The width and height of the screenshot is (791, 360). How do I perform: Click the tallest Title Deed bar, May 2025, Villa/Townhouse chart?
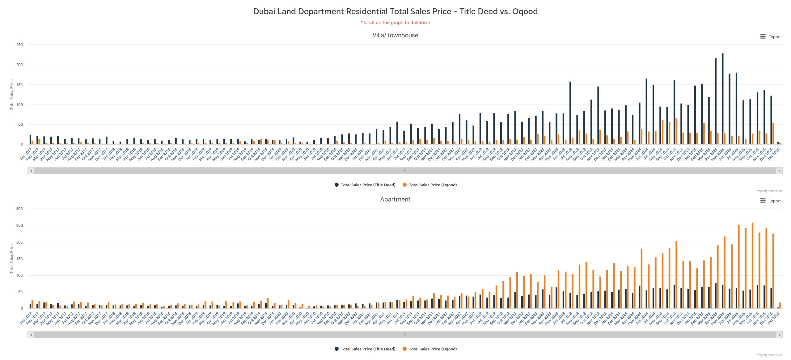click(722, 99)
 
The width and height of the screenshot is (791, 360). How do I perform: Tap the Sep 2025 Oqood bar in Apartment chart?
click(752, 266)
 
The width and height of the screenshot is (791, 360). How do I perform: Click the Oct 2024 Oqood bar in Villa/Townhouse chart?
click(676, 131)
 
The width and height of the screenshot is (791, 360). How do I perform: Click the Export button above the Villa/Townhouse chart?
click(770, 37)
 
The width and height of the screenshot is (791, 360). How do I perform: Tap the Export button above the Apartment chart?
click(770, 201)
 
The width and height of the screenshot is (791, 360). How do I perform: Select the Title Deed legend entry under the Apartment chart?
click(365, 349)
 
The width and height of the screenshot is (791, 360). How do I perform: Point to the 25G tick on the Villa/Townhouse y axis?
click(20, 45)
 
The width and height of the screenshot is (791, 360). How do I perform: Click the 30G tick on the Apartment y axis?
click(20, 209)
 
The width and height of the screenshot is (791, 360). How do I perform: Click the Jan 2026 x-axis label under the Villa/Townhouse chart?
click(774, 154)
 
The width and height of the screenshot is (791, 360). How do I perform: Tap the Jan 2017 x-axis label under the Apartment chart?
click(26, 318)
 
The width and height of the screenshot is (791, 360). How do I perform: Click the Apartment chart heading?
click(395, 199)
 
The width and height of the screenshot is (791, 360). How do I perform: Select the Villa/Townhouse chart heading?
click(395, 35)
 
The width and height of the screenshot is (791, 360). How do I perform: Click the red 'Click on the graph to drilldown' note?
click(395, 23)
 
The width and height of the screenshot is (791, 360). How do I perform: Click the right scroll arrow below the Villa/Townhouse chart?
click(779, 171)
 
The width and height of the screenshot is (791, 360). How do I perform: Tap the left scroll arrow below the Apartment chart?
click(31, 335)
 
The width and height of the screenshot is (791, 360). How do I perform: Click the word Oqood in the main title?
click(525, 11)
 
